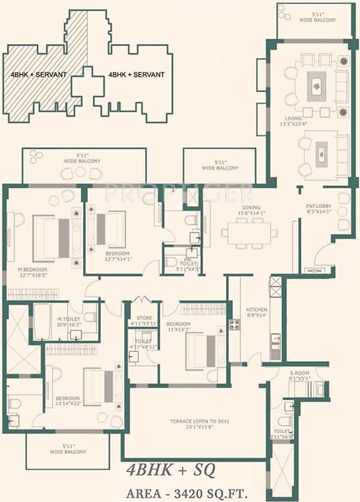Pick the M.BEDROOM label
coord(33,272)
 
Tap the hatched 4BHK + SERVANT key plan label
coord(38,74)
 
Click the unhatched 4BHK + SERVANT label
coord(136,74)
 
